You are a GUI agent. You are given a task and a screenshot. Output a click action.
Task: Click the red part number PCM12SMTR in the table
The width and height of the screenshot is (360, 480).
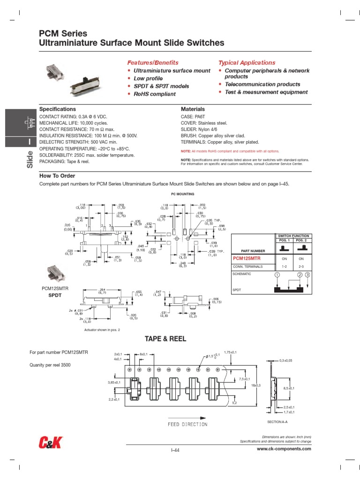(x=246, y=258)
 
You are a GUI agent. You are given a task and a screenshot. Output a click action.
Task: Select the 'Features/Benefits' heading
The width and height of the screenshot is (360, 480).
(x=153, y=62)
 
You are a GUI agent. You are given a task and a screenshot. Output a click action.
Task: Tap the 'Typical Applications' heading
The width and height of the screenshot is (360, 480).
(x=247, y=62)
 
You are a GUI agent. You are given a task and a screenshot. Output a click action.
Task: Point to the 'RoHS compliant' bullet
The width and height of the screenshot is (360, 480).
(x=154, y=94)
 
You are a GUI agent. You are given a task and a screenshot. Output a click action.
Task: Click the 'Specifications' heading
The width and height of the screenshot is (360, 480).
(x=57, y=109)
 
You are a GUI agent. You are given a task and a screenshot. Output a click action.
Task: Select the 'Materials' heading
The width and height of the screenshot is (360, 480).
(x=193, y=109)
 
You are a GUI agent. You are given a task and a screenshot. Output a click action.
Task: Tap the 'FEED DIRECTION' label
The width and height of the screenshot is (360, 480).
(x=187, y=424)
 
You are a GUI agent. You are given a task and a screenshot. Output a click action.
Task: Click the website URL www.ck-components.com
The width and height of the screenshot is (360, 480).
(x=284, y=449)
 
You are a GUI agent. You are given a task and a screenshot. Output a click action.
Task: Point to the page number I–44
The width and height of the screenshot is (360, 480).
(x=175, y=450)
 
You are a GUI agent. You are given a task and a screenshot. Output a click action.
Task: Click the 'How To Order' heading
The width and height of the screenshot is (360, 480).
(x=57, y=176)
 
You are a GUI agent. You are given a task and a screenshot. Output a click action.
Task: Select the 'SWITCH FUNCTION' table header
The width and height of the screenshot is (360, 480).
(x=293, y=236)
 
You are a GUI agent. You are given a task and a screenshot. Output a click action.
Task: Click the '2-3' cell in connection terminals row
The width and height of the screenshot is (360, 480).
(x=301, y=266)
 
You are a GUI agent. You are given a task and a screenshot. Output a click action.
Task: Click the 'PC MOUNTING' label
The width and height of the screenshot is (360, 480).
(x=182, y=194)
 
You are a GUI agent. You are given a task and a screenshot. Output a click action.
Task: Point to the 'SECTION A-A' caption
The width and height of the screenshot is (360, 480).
(x=277, y=422)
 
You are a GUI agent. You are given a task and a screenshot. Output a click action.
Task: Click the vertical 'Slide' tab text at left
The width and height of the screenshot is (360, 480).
(x=29, y=160)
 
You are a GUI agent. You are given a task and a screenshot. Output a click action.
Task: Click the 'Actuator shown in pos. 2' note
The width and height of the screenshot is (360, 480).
(x=102, y=330)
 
